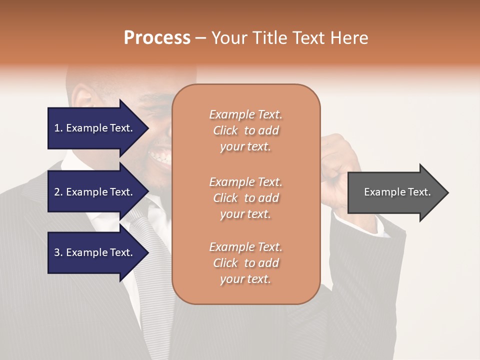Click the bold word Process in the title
tap(157, 38)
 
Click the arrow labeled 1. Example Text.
tap(95, 128)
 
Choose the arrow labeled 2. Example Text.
tap(95, 192)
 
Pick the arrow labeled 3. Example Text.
tap(95, 252)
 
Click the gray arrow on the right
tap(395, 192)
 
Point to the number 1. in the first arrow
tap(58, 128)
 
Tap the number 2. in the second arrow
tap(58, 192)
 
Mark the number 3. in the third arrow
tap(58, 252)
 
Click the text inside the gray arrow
tap(397, 192)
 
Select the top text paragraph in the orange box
tap(245, 130)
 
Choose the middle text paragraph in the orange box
tap(245, 198)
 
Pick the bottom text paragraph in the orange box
tap(245, 263)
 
